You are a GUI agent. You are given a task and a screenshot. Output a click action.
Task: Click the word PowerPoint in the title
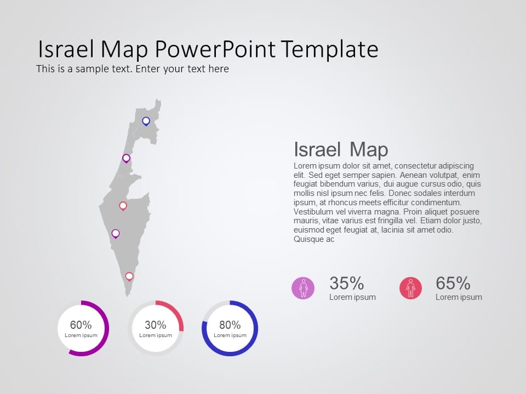(215, 50)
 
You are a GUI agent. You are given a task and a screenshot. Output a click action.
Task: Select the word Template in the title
(330, 50)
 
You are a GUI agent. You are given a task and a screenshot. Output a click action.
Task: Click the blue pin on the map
(146, 121)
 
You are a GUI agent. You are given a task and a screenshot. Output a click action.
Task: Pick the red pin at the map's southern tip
(129, 276)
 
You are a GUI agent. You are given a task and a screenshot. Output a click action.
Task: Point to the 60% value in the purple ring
(81, 325)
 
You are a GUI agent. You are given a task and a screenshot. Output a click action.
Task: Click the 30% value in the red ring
(156, 325)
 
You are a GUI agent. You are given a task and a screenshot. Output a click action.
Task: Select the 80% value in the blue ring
(230, 325)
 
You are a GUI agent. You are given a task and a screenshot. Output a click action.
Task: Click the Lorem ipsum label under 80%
(230, 335)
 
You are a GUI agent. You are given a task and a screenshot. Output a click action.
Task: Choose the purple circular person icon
(303, 288)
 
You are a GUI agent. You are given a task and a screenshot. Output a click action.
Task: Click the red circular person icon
(410, 288)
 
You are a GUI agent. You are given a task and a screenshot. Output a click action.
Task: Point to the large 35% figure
(346, 283)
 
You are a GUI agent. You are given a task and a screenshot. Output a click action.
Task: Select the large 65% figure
(453, 283)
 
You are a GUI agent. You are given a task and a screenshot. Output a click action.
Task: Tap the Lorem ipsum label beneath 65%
(459, 297)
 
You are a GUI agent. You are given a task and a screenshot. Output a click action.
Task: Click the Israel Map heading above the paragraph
(341, 149)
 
